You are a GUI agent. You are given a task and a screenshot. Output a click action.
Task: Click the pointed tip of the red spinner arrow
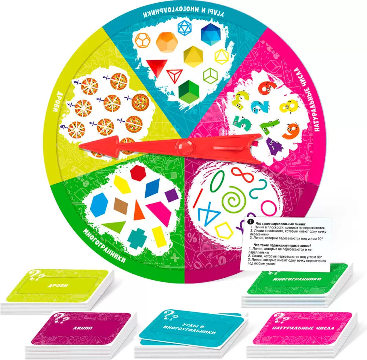point(80,147)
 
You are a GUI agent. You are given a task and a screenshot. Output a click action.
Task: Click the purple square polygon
point(171,195)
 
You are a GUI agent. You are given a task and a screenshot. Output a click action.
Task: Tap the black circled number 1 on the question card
point(250,222)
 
